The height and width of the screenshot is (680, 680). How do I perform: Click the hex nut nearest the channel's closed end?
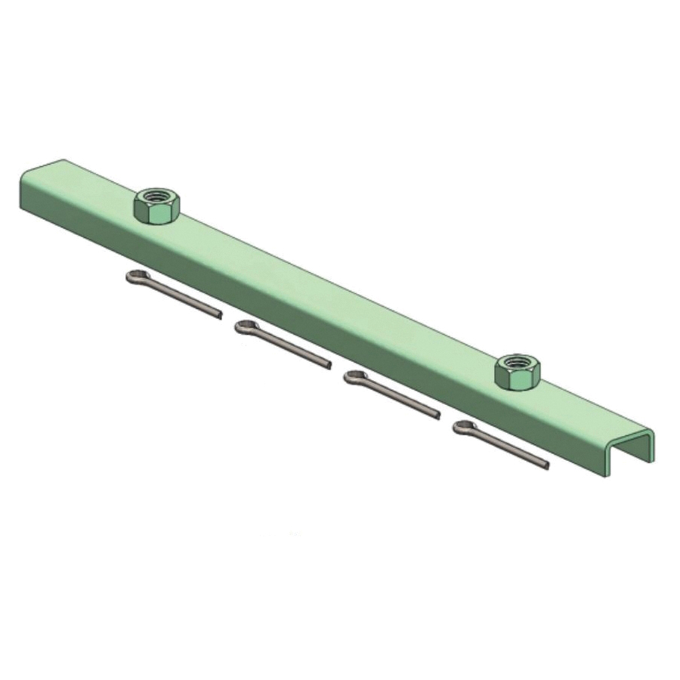pyautogui.click(x=156, y=206)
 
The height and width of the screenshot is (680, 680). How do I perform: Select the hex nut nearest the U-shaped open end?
pyautogui.click(x=518, y=372)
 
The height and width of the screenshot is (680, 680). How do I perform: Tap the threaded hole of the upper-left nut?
pyautogui.click(x=156, y=196)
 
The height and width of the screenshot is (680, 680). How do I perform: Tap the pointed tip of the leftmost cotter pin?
pyautogui.click(x=219, y=314)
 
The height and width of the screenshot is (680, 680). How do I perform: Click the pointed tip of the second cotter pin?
pyautogui.click(x=328, y=366)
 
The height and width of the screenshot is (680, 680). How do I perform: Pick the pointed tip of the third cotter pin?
pyautogui.click(x=437, y=415)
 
